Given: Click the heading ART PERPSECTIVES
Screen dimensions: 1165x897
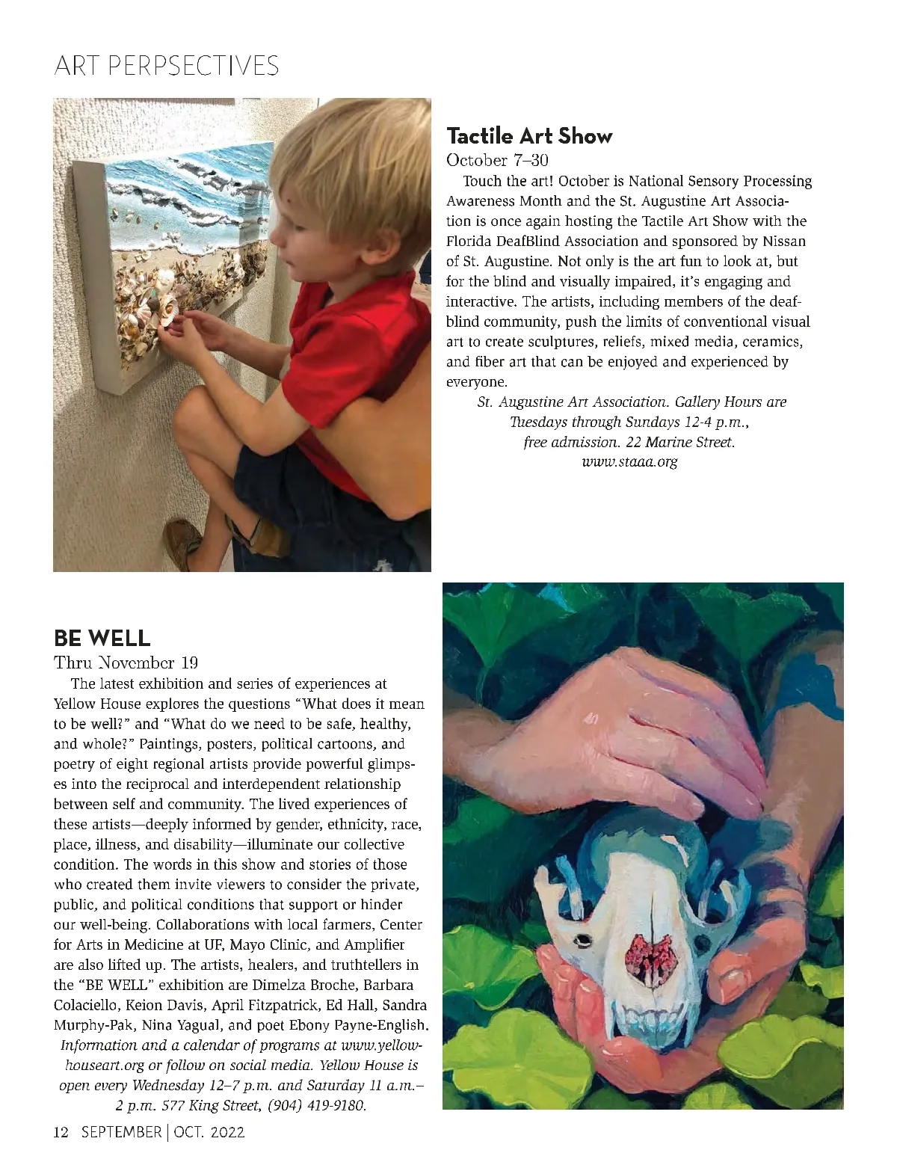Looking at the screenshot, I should [x=166, y=67].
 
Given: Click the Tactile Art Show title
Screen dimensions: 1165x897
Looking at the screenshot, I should [x=528, y=136].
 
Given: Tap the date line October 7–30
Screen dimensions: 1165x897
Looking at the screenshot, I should [x=496, y=160].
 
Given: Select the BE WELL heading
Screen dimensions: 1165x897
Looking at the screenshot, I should [x=102, y=639].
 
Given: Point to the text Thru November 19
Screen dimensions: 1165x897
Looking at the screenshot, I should [x=126, y=663].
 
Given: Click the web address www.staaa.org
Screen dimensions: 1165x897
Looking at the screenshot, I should [x=629, y=461].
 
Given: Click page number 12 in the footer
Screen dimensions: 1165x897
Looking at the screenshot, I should [x=61, y=1133].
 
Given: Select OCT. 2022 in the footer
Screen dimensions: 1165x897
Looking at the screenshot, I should [x=207, y=1133].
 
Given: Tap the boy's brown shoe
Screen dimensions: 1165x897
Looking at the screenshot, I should [x=182, y=542].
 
